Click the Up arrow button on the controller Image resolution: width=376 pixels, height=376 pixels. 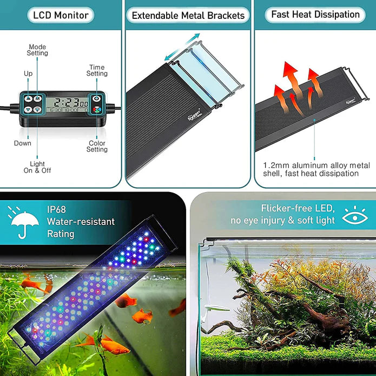pyautogui.click(x=28, y=99)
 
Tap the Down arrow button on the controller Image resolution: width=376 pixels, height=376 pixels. pyautogui.click(x=28, y=109)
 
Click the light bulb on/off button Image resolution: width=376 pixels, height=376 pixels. pyautogui.click(x=37, y=109)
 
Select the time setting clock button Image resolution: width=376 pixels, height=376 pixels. pyautogui.click(x=96, y=98)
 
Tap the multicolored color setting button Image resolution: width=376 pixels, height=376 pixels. pyautogui.click(x=96, y=109)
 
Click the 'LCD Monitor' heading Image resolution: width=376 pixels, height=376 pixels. pyautogui.click(x=61, y=15)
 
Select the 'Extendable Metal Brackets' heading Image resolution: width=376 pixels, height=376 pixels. pyautogui.click(x=188, y=15)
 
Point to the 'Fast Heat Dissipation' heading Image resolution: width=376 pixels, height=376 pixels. pyautogui.click(x=315, y=15)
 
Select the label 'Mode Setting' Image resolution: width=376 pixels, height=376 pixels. pyautogui.click(x=37, y=50)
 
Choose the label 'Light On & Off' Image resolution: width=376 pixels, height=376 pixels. pyautogui.click(x=37, y=167)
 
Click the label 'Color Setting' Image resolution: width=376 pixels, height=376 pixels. pyautogui.click(x=97, y=146)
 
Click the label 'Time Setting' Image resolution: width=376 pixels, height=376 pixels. pyautogui.click(x=97, y=70)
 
